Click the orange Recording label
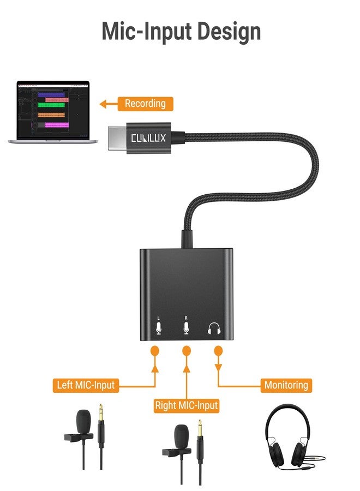145,104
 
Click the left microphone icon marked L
159,327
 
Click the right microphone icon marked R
187,327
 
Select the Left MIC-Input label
86,385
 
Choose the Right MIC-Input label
187,405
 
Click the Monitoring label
286,385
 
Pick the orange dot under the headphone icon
218,350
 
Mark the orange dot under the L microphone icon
155,350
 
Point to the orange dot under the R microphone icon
187,350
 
